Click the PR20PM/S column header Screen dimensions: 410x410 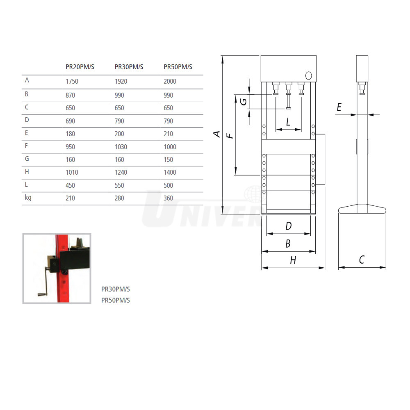(80, 67)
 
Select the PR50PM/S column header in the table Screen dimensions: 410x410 (178, 67)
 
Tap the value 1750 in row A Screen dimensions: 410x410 (72, 81)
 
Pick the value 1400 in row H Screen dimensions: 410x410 (170, 172)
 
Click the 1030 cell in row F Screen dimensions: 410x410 (121, 147)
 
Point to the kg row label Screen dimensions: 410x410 (28, 198)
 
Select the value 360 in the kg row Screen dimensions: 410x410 (169, 198)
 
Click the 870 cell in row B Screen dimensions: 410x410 (71, 95)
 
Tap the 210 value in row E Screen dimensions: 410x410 (169, 134)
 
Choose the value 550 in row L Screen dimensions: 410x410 (119, 185)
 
